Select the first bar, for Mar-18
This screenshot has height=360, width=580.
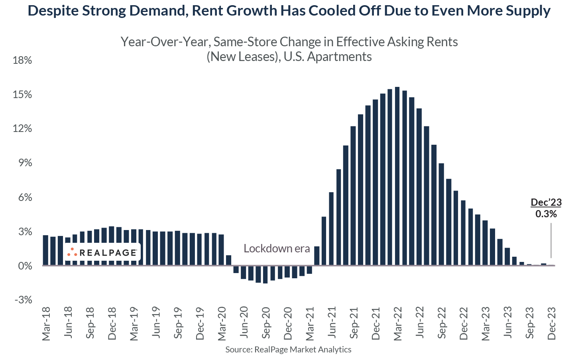(45, 250)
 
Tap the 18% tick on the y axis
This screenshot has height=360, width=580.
(22, 61)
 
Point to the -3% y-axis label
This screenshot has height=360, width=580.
(23, 300)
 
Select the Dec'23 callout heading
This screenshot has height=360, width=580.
(546, 203)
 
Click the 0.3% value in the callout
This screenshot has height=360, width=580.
(546, 214)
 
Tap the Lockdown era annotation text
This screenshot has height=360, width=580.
(277, 249)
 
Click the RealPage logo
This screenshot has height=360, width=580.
(102, 252)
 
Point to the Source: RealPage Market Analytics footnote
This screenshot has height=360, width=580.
(288, 350)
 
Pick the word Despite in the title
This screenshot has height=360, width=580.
(53, 11)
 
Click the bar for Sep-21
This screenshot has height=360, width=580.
(353, 196)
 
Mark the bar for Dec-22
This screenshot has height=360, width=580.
(463, 233)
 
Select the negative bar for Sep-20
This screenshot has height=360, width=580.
(265, 274)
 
